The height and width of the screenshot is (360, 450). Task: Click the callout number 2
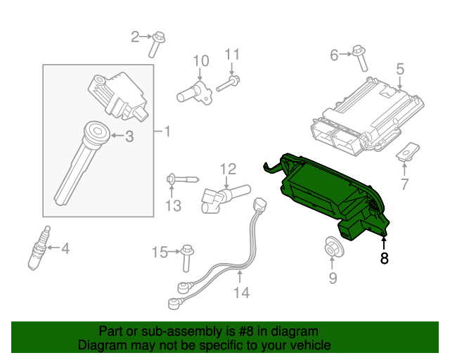[136, 36]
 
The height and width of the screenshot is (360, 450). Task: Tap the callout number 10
[201, 61]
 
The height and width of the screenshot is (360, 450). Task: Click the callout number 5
[400, 69]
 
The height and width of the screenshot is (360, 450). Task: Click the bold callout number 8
[384, 258]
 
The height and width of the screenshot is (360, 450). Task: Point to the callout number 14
[241, 292]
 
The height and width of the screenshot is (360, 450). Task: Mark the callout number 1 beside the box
[167, 131]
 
